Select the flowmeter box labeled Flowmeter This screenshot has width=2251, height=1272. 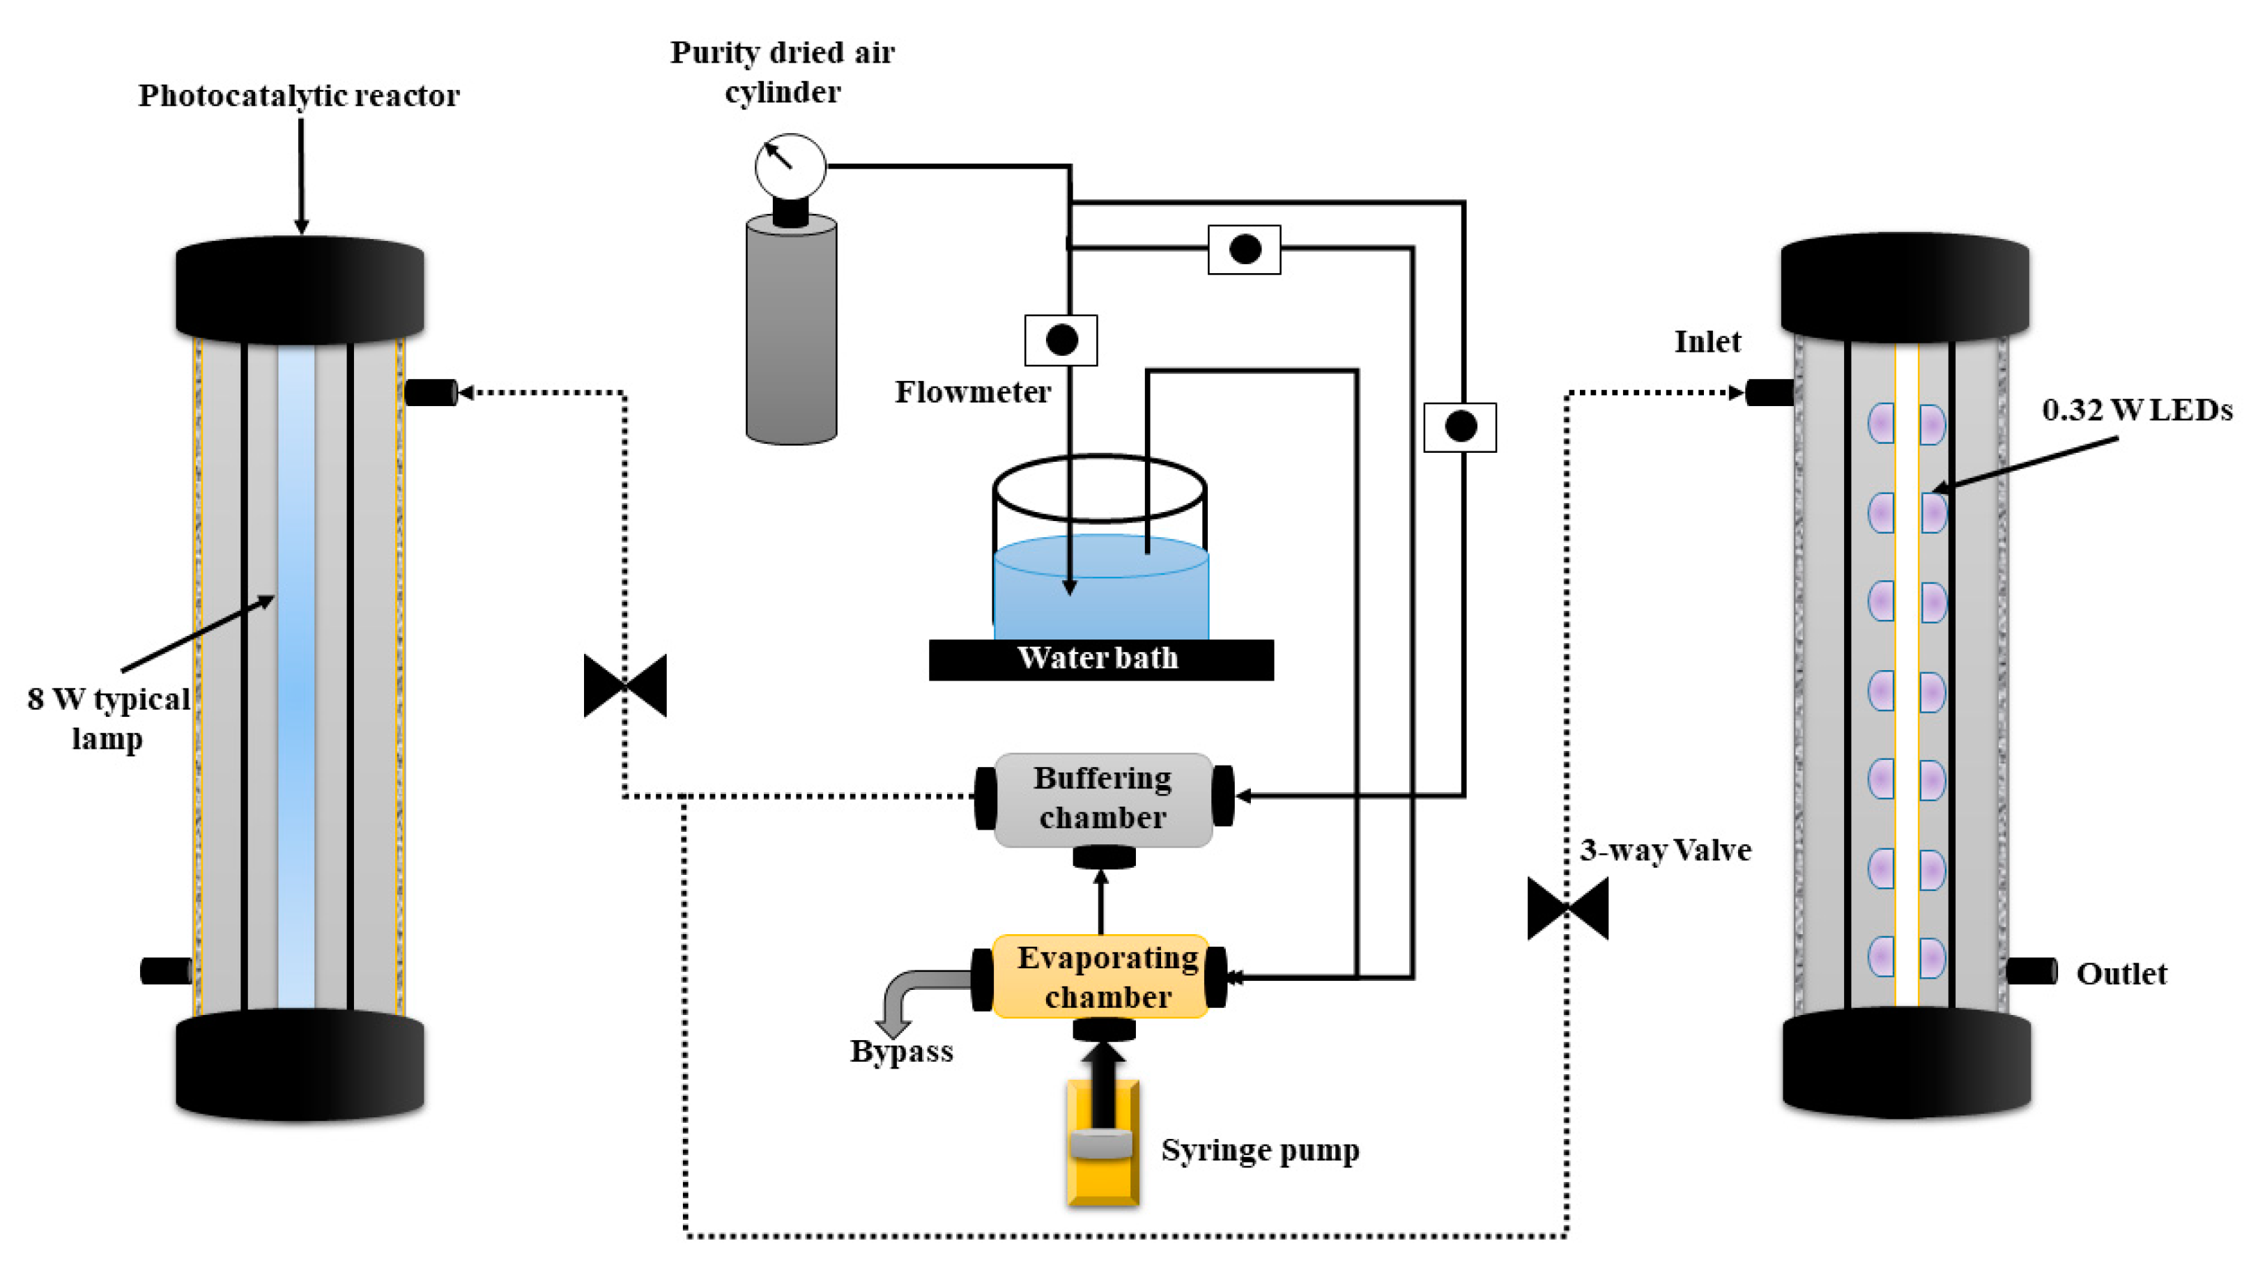pyautogui.click(x=1061, y=340)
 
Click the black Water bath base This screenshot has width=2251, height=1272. pyautogui.click(x=1101, y=660)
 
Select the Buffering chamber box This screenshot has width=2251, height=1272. pyautogui.click(x=1103, y=798)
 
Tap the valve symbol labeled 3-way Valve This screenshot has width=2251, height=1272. pyautogui.click(x=1567, y=908)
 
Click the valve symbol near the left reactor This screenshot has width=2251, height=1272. pyautogui.click(x=626, y=685)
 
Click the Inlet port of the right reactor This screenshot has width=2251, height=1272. pyautogui.click(x=1769, y=392)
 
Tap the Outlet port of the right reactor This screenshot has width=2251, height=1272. pyautogui.click(x=2030, y=970)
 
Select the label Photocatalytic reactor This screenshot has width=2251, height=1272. pyautogui.click(x=299, y=95)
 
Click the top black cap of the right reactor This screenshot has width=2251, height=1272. pyautogui.click(x=1905, y=286)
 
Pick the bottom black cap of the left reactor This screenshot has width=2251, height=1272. pyautogui.click(x=300, y=1064)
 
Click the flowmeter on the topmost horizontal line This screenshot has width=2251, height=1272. pyautogui.click(x=1245, y=250)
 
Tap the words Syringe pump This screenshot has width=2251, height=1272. pyautogui.click(x=1259, y=1151)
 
